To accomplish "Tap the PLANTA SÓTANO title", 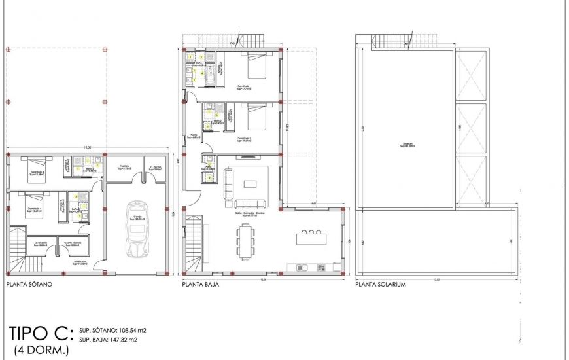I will pos(29,285).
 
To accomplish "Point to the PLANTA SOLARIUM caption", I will pos(381,285).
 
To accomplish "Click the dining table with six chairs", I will pos(245,240).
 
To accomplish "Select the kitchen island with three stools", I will pos(311,238).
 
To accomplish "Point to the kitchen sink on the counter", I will pos(302,267).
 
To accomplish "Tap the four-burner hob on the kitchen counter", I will pos(320,267).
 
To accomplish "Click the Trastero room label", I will pos(124,168).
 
